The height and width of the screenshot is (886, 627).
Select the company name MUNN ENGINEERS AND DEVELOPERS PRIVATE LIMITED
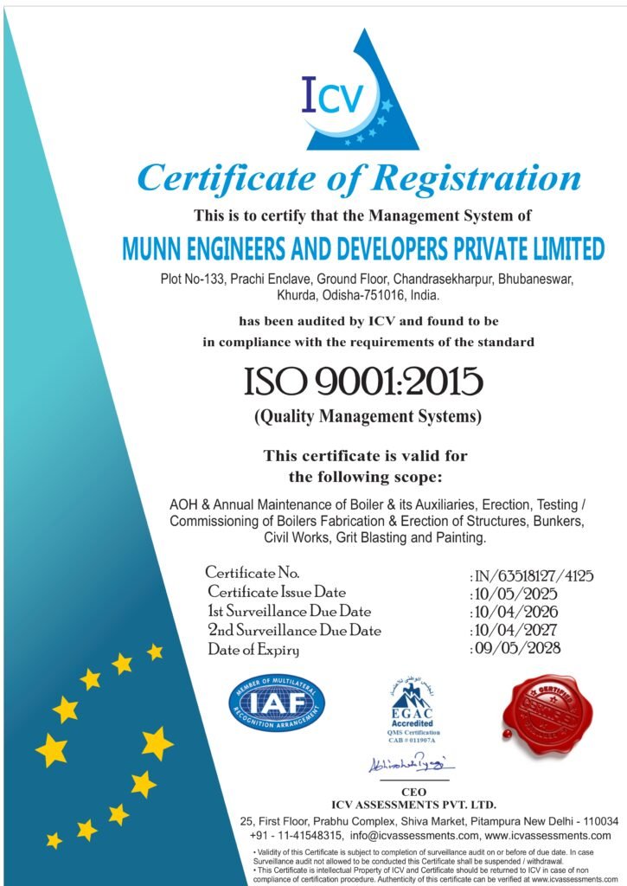click(363, 249)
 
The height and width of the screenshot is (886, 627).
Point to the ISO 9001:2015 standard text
click(363, 382)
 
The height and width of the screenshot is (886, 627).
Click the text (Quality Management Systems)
click(367, 416)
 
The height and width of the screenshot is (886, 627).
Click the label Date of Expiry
click(253, 650)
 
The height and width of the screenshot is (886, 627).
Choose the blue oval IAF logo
click(277, 702)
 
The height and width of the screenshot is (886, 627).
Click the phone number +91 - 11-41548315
click(294, 837)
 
